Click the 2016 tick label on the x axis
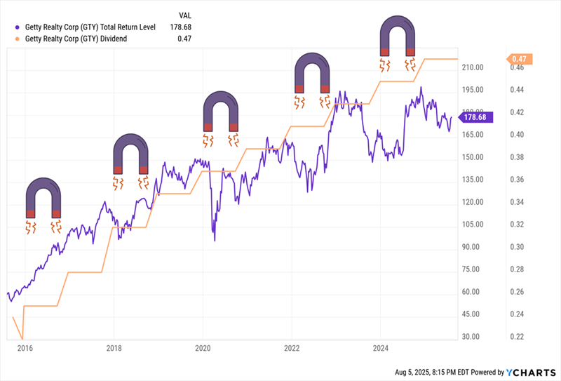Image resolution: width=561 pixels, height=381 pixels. click(25, 347)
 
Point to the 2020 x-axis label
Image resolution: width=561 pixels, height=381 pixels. click(203, 347)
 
